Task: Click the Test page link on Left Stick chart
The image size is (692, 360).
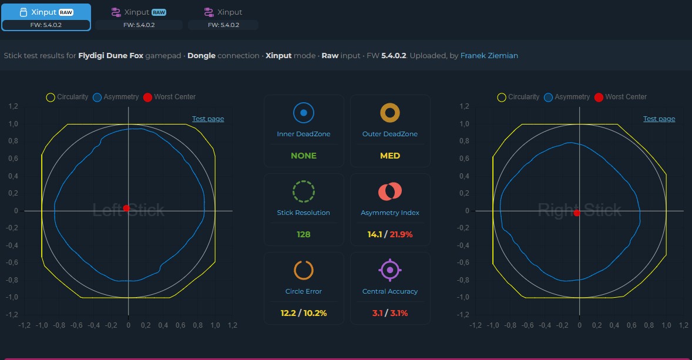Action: pyautogui.click(x=208, y=119)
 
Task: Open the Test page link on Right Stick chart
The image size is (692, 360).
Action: pyautogui.click(x=659, y=119)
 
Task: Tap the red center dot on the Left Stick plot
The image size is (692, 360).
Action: pyautogui.click(x=126, y=208)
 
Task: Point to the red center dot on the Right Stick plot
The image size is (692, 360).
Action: pyautogui.click(x=576, y=213)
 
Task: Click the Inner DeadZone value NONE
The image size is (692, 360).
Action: pyautogui.click(x=304, y=156)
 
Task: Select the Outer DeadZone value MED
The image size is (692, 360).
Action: pyautogui.click(x=390, y=156)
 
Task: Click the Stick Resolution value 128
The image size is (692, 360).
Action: pyautogui.click(x=304, y=234)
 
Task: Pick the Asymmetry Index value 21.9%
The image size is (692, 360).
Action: pyautogui.click(x=401, y=234)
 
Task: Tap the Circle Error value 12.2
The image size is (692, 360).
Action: pyautogui.click(x=288, y=313)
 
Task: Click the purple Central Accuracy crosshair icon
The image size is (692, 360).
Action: pyautogui.click(x=390, y=270)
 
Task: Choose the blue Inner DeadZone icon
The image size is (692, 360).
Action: pyautogui.click(x=304, y=113)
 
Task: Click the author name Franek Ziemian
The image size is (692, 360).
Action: pyautogui.click(x=489, y=56)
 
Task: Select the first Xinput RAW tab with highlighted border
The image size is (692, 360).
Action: pyautogui.click(x=46, y=17)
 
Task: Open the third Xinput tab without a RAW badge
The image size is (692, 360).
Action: pyautogui.click(x=223, y=17)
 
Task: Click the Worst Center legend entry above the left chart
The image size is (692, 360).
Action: pyautogui.click(x=169, y=97)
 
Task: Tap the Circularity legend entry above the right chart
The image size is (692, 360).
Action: pyautogui.click(x=519, y=97)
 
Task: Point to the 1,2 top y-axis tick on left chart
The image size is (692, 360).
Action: pyautogui.click(x=14, y=106)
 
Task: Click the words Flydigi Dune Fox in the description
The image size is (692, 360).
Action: pyautogui.click(x=111, y=56)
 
